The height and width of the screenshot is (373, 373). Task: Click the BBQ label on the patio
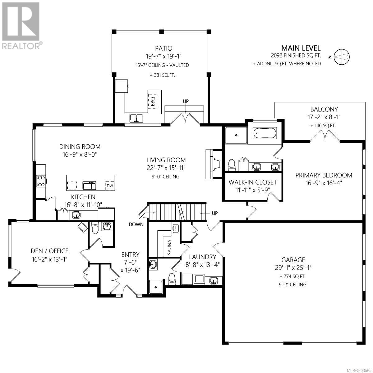pyautogui.click(x=153, y=102)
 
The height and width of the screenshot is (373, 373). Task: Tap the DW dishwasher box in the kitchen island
pyautogui.click(x=110, y=186)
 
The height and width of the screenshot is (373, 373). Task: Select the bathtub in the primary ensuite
pyautogui.click(x=265, y=133)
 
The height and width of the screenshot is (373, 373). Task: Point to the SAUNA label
pyautogui.click(x=169, y=247)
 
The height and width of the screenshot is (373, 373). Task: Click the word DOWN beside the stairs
pyautogui.click(x=136, y=224)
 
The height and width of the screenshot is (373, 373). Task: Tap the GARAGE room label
pyautogui.click(x=293, y=260)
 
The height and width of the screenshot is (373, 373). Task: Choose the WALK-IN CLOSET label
pyautogui.click(x=253, y=182)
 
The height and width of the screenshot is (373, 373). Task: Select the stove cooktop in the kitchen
pyautogui.click(x=41, y=181)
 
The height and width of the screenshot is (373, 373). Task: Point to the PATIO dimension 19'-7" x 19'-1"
pyautogui.click(x=163, y=56)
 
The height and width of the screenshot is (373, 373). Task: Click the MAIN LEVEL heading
pyautogui.click(x=301, y=48)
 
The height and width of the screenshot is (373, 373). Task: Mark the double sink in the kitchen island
pyautogui.click(x=89, y=185)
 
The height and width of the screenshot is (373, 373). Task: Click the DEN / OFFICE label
pyautogui.click(x=49, y=251)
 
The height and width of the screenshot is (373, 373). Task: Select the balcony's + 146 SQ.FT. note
pyautogui.click(x=323, y=126)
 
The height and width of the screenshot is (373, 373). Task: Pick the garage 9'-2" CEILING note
pyautogui.click(x=293, y=284)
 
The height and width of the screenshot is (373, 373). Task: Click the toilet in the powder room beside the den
pyautogui.click(x=95, y=228)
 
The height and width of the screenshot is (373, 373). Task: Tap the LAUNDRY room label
pyautogui.click(x=202, y=257)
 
